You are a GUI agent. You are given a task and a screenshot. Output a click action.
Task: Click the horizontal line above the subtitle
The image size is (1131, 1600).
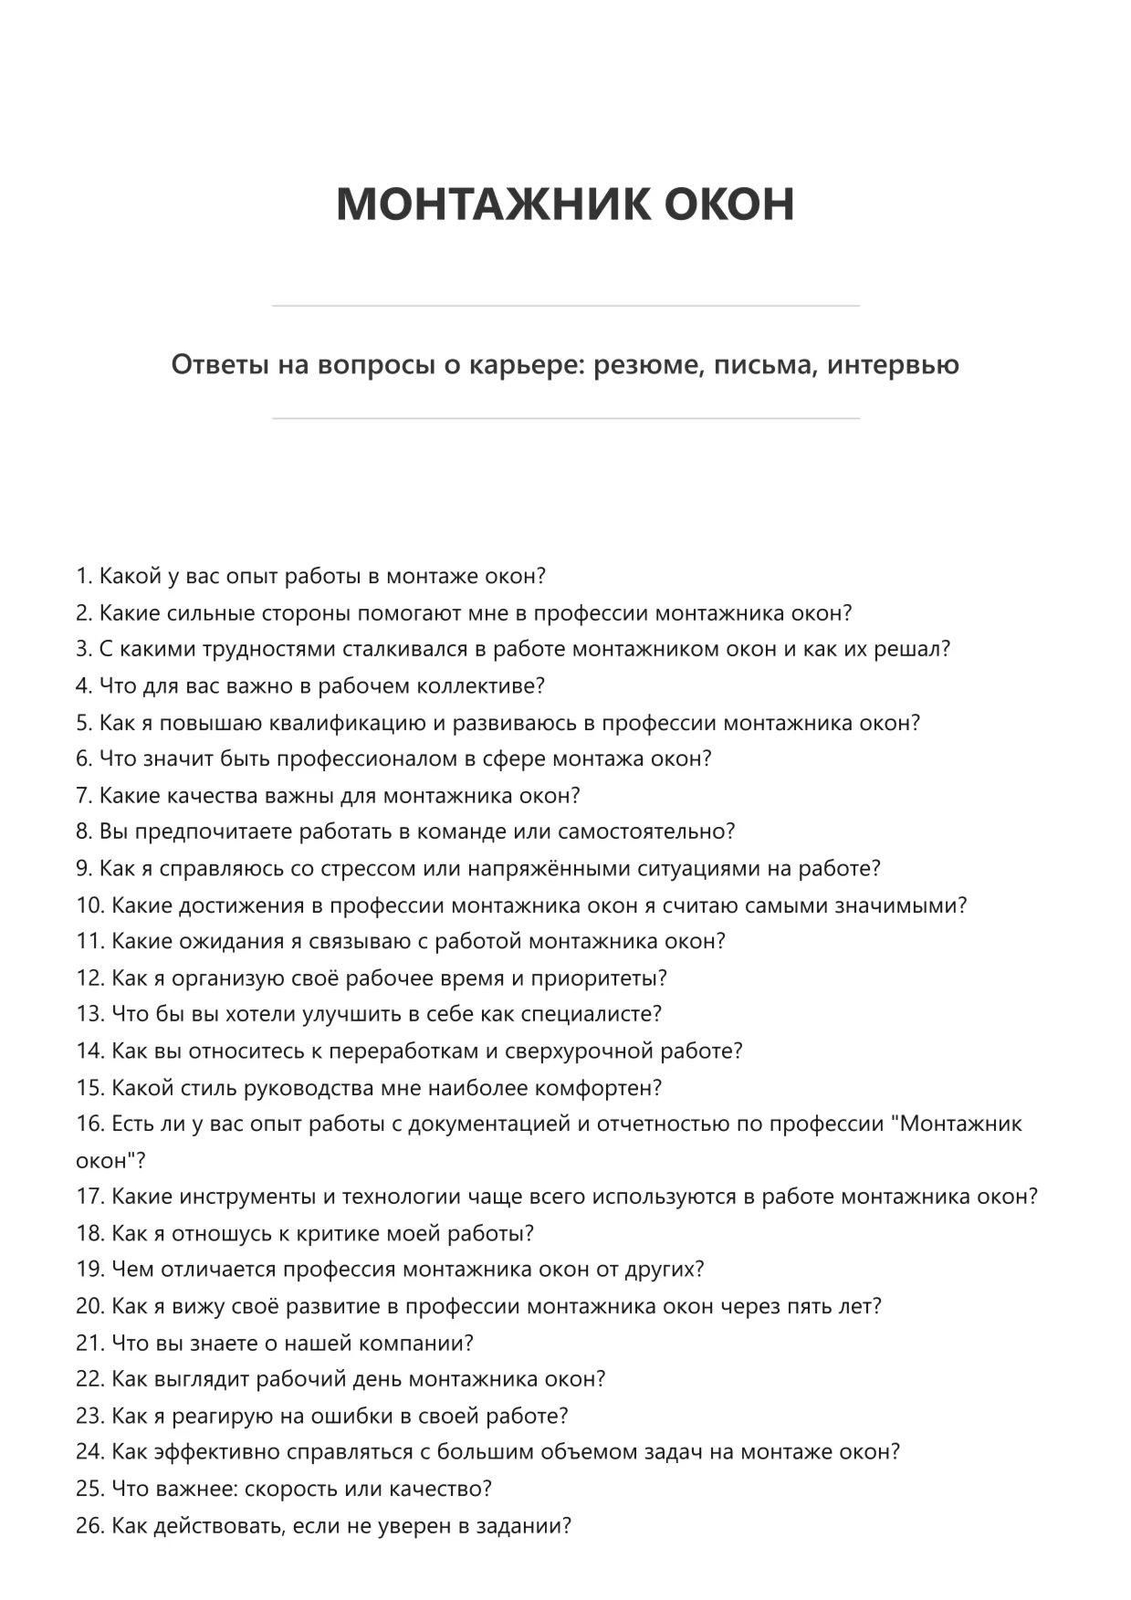(565, 306)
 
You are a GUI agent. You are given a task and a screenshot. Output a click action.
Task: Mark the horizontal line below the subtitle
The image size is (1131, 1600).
(565, 419)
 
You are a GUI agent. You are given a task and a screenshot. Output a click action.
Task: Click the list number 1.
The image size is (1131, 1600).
(83, 576)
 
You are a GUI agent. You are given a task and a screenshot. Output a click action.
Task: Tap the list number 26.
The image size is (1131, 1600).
(89, 1525)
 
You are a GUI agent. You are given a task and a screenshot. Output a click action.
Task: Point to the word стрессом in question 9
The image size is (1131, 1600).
(368, 868)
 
